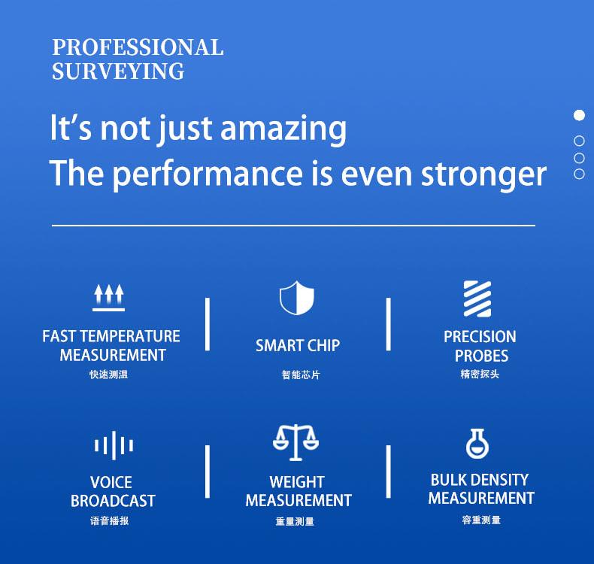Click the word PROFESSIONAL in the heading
click(x=138, y=47)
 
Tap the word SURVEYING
click(x=118, y=71)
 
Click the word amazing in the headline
click(x=283, y=129)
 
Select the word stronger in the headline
click(x=483, y=175)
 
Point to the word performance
click(x=208, y=174)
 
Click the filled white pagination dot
click(x=579, y=115)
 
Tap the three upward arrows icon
click(x=109, y=298)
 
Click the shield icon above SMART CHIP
click(x=296, y=298)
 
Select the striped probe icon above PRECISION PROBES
click(x=477, y=299)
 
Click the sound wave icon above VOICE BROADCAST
click(x=114, y=445)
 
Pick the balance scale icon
click(x=295, y=442)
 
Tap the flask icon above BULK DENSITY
click(x=477, y=444)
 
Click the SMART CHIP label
click(x=298, y=345)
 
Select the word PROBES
click(x=481, y=356)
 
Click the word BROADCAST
click(x=113, y=501)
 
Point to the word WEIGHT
click(x=297, y=482)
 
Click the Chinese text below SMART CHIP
click(x=301, y=375)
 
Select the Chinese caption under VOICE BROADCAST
click(x=110, y=521)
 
